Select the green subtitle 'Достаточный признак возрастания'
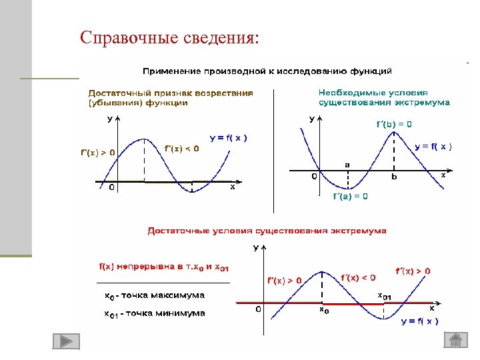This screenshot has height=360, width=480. coord(171,93)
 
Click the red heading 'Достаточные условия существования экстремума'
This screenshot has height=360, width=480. coord(267,231)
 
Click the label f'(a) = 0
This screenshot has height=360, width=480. coord(350,196)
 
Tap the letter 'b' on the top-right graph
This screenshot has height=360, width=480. coord(394,177)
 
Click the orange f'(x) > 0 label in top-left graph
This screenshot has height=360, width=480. coord(98,152)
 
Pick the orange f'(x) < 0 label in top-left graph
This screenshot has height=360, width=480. coord(181,148)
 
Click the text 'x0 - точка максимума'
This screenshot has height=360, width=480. coord(155,295)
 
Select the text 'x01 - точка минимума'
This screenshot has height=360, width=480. coord(155,313)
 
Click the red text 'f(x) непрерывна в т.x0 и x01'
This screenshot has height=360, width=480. coord(164,267)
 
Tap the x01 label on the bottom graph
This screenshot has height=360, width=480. coord(385,297)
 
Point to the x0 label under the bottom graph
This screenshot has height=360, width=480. coord(323,311)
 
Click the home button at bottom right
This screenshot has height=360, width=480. coord(456,340)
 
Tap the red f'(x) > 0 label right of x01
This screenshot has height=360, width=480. coord(413,271)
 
